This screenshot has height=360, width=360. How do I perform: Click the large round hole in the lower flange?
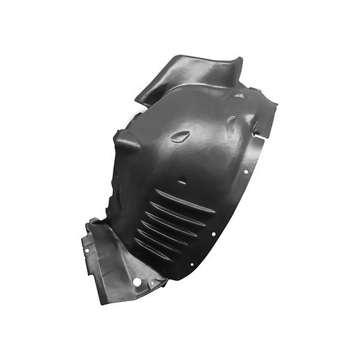(x=137, y=281)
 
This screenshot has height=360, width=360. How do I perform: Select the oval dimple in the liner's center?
(x=180, y=137)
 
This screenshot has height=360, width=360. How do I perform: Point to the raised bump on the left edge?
(x=127, y=143)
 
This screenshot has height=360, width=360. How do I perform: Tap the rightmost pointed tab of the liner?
(x=275, y=107)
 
